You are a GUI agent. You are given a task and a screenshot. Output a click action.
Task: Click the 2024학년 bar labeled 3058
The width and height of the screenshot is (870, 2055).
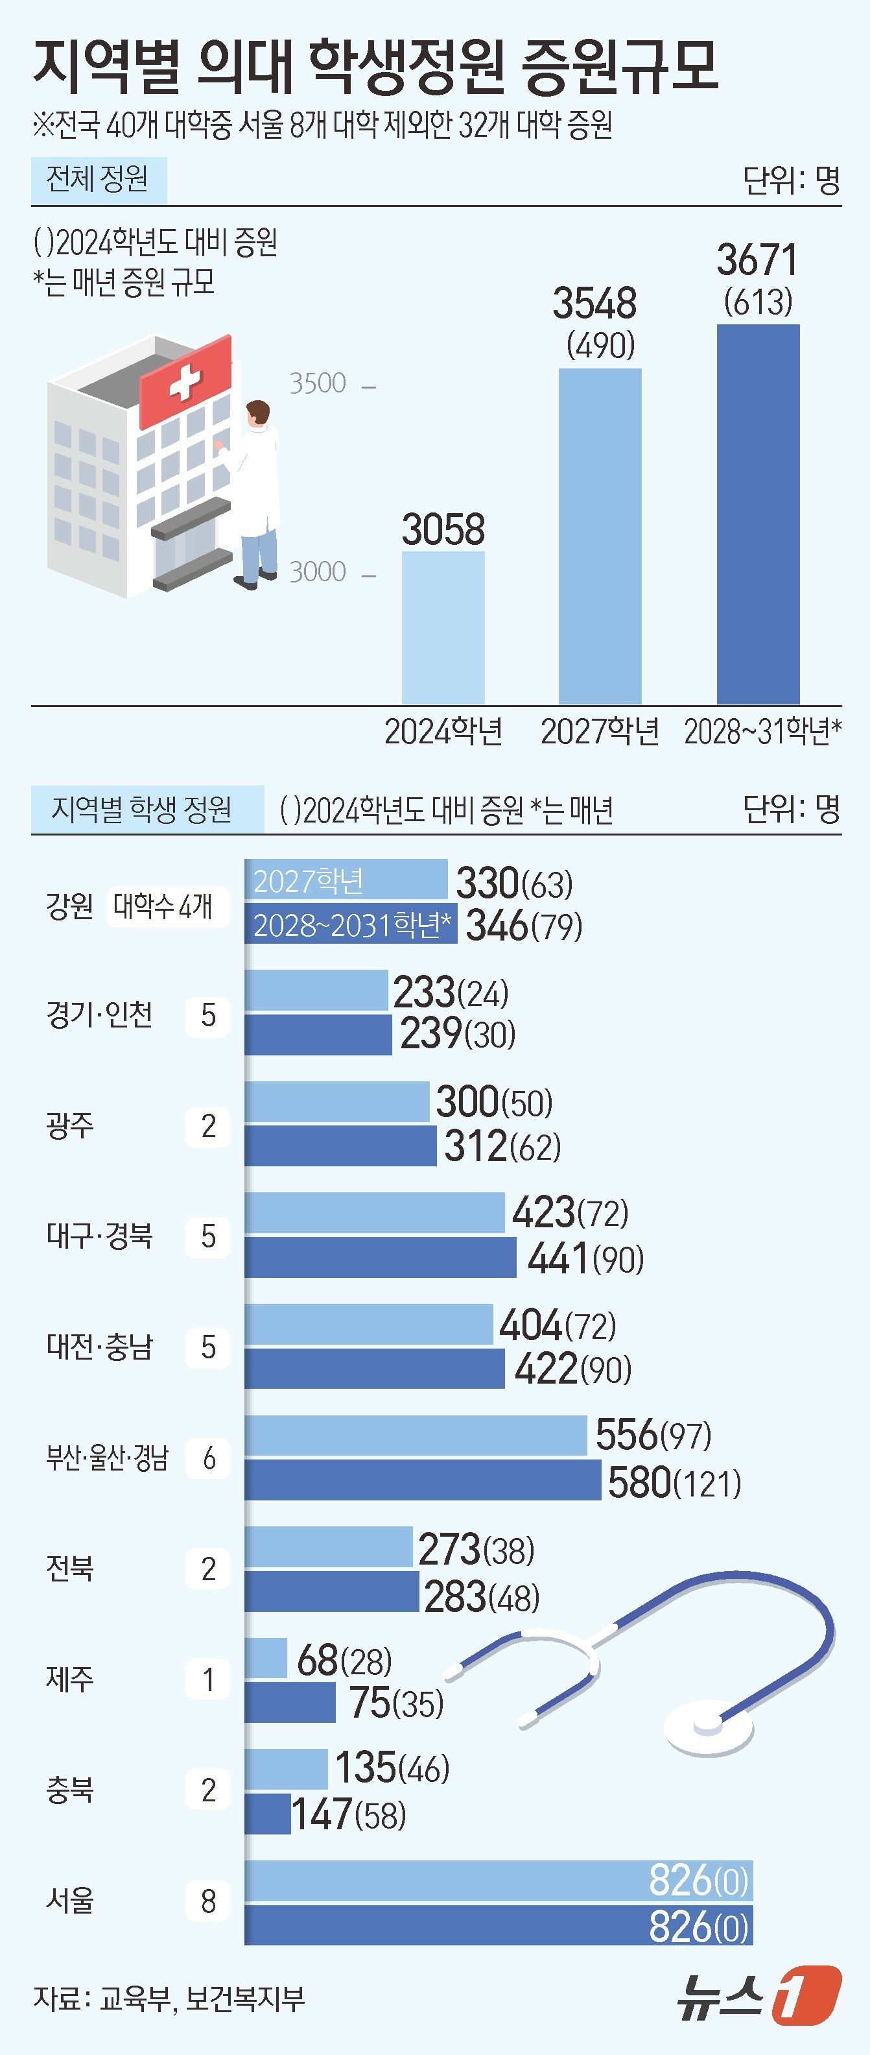click(443, 627)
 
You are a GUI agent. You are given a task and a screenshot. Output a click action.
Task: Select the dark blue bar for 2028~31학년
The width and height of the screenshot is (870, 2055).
click(758, 514)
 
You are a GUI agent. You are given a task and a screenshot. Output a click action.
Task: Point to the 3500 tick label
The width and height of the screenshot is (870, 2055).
click(318, 384)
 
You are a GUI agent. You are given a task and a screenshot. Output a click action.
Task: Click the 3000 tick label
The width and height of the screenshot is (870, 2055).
click(318, 572)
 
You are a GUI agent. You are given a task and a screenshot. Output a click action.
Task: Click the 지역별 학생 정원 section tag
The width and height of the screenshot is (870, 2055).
click(142, 809)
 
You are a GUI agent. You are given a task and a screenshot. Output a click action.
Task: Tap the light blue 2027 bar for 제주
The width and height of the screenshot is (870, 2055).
click(266, 1658)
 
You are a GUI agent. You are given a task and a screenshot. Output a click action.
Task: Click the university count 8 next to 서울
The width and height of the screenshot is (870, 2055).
click(208, 1901)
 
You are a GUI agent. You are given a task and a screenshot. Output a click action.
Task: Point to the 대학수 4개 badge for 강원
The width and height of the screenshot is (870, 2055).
click(163, 906)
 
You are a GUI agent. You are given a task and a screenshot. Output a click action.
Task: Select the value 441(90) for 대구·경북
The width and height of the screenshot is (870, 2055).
click(585, 1259)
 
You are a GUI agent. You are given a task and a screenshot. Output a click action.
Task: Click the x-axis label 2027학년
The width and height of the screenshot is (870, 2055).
click(600, 731)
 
